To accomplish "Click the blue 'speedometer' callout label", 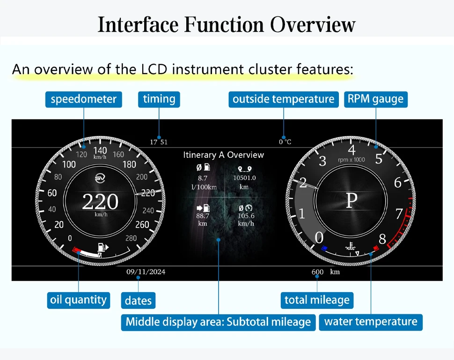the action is pos(84,99).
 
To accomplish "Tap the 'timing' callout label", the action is pos(159,99).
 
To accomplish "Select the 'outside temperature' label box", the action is pos(284,99).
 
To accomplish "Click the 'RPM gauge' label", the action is pos(375,99).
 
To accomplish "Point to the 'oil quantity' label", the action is pos(79,300).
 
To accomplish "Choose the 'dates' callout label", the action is pos(138,301).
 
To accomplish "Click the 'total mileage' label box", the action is pos(317,301).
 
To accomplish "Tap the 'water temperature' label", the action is pos(371,322).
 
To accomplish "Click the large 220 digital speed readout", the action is pos(100,202).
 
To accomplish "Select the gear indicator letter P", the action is pos(352,200).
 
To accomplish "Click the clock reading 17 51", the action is pos(159,142).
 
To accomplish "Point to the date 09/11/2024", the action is pos(146,272).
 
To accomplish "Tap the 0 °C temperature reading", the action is pos(285,142).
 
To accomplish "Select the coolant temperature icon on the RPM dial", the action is pos(351,246).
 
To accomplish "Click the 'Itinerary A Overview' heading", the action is pos(224,155).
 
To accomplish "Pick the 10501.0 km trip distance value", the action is pos(244,182).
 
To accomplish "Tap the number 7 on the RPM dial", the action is pos(399,214).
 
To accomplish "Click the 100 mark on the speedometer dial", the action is pos(69,164).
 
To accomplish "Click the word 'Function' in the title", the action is pos(224,24).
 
